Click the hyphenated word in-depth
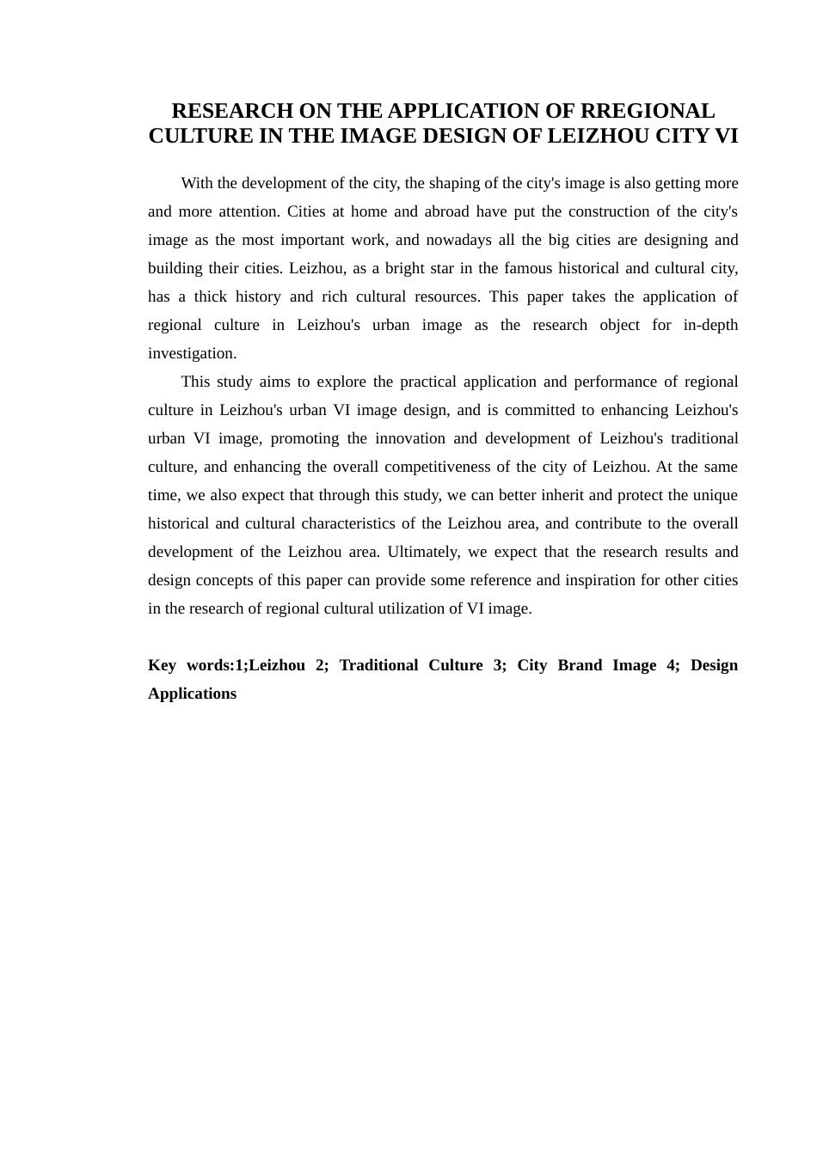(x=710, y=325)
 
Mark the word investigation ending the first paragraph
(x=192, y=353)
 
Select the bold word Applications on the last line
(x=192, y=694)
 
